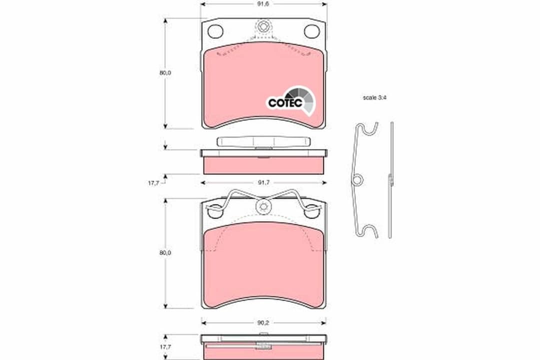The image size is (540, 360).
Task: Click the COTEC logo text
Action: tap(285, 102)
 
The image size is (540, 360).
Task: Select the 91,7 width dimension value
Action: tap(263, 182)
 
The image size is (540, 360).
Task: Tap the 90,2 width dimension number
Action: tap(263, 322)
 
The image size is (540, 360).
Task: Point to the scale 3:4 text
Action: tap(375, 98)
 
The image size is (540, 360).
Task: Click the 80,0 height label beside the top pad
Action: tap(165, 73)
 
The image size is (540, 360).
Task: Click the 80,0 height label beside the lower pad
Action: tap(165, 253)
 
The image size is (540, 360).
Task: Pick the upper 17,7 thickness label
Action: tap(153, 183)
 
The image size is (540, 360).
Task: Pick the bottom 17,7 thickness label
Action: tap(153, 346)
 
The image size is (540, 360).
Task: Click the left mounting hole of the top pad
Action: tap(215, 31)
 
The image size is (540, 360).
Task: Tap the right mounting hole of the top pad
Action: tap(312, 31)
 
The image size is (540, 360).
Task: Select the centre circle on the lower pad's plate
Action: tap(263, 205)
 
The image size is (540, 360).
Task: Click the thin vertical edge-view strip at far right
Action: tap(391, 180)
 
